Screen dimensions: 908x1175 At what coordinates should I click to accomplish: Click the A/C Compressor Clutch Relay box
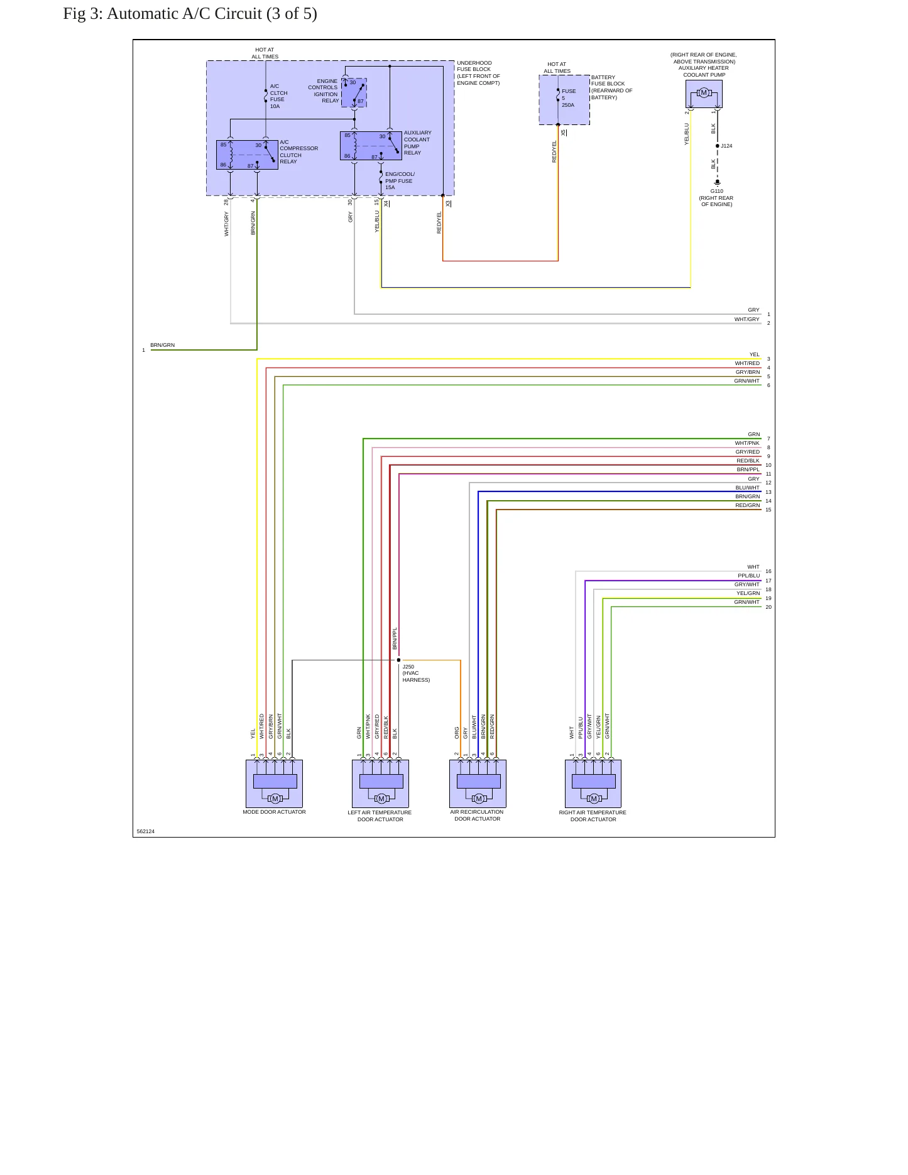[x=247, y=155]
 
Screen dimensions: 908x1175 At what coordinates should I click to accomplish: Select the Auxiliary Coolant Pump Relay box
[x=371, y=146]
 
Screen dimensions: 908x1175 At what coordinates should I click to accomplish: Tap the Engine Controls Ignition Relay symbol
[x=354, y=92]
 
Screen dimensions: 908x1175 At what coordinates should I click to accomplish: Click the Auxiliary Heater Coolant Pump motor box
[x=704, y=94]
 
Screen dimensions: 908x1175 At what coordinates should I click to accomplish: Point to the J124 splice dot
[x=718, y=146]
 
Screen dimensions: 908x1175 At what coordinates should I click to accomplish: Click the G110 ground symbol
[x=718, y=183]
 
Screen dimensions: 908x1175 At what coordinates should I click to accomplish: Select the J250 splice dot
[x=398, y=660]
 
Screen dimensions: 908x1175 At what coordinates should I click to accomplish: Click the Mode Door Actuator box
[x=274, y=784]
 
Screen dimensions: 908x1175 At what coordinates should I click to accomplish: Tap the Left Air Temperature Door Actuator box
[x=380, y=784]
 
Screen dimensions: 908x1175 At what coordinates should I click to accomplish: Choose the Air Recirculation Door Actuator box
[x=478, y=784]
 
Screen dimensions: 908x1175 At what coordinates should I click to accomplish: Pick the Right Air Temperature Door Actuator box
[x=593, y=784]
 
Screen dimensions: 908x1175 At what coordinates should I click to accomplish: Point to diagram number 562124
[x=146, y=831]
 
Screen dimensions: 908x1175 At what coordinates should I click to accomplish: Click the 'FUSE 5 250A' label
[x=569, y=98]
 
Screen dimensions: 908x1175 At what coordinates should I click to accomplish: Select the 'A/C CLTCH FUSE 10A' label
[x=279, y=96]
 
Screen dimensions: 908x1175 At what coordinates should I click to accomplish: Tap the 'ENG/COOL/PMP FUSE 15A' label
[x=400, y=181]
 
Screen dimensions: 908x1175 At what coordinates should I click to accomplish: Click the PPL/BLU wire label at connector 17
[x=748, y=576]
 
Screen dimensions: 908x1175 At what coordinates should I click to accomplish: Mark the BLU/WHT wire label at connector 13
[x=748, y=488]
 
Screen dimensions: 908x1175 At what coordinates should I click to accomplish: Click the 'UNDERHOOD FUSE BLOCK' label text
[x=474, y=66]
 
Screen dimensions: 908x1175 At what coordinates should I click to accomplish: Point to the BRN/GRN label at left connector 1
[x=163, y=345]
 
